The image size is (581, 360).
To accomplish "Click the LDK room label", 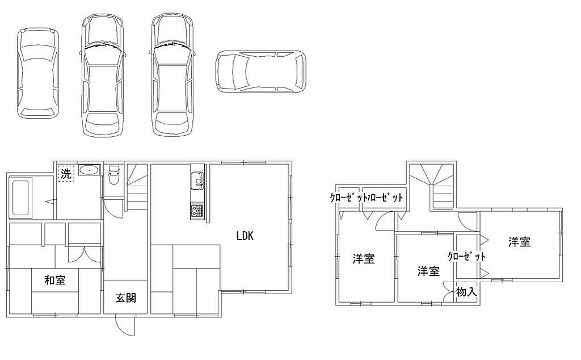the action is [245, 236].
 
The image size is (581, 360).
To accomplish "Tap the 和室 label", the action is [55, 280].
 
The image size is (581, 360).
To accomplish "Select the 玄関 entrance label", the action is [125, 298].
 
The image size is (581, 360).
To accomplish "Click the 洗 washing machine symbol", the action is [66, 173].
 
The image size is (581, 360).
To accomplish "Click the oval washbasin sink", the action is [89, 170].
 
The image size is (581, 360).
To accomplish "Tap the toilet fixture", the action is [113, 175].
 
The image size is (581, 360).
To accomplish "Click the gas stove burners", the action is [197, 211].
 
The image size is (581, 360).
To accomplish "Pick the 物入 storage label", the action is [466, 292].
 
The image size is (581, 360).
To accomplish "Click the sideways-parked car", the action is [261, 71].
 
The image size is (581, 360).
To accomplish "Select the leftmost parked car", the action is [38, 73].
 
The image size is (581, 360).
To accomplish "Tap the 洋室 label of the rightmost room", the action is [519, 242].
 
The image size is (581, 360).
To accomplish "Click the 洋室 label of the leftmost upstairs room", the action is [364, 258].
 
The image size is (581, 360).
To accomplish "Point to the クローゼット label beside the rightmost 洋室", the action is [466, 256].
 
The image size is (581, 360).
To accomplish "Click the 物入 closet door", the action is [449, 293].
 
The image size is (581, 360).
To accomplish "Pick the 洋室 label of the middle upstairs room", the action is [428, 271].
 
